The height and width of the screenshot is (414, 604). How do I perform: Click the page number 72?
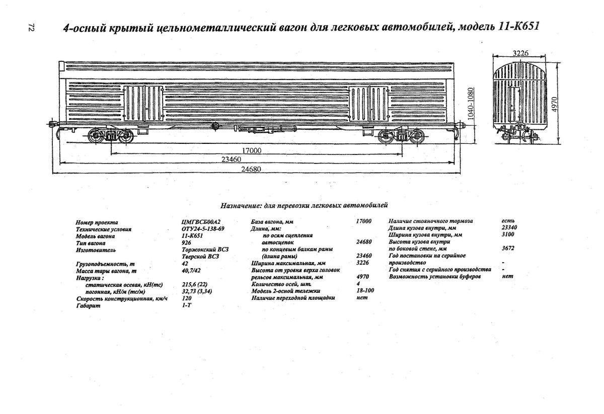[31, 29]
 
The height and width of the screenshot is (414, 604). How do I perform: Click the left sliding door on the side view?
[143, 103]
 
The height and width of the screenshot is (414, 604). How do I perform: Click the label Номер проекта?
[96, 222]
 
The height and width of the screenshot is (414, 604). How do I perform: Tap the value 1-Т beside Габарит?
[186, 305]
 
